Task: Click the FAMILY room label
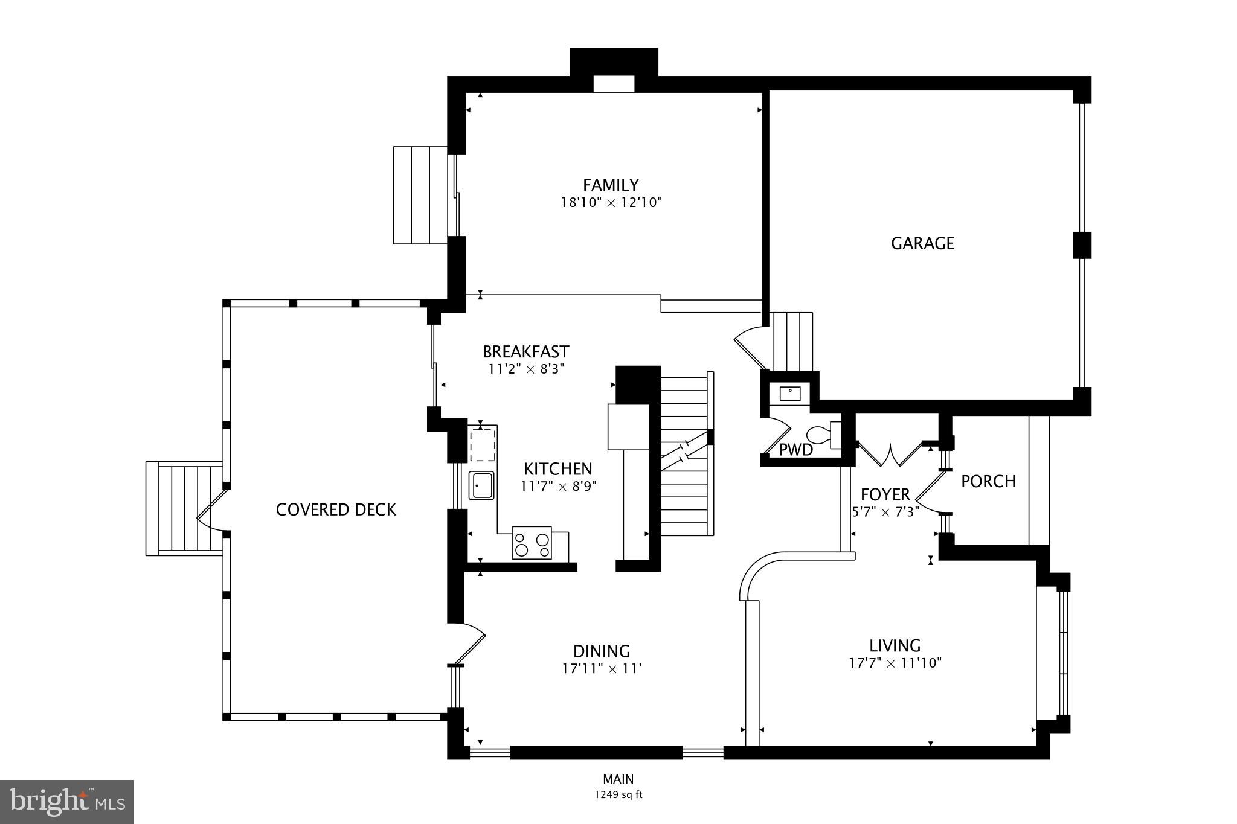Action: [611, 185]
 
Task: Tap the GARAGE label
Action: [922, 243]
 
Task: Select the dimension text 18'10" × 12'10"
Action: [611, 202]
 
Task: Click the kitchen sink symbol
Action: [482, 485]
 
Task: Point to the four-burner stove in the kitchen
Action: [532, 543]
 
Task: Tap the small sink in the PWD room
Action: [789, 394]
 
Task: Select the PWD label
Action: [795, 450]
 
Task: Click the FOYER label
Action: [885, 494]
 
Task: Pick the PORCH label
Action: [988, 481]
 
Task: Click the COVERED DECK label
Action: [336, 509]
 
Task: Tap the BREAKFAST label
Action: [525, 351]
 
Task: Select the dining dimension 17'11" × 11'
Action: [602, 668]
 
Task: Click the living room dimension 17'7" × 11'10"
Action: [895, 663]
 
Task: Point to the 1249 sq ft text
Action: [618, 794]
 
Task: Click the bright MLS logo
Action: [67, 801]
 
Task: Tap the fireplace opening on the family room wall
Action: [613, 84]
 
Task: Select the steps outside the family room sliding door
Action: [420, 195]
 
